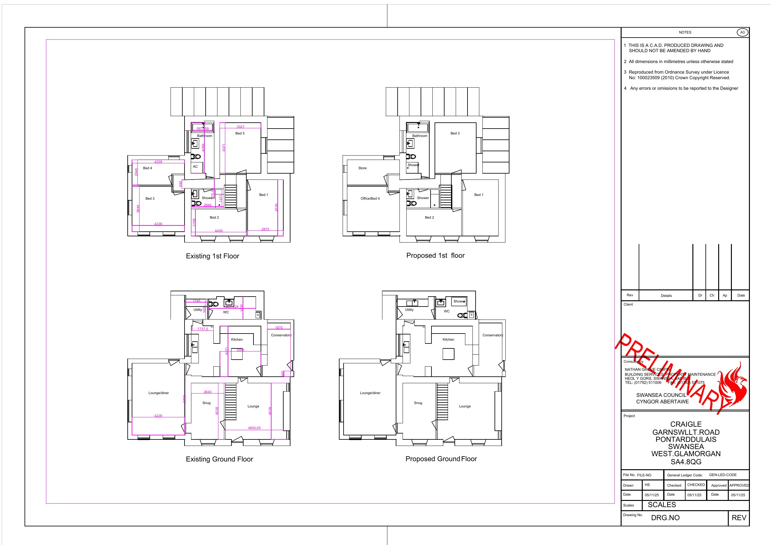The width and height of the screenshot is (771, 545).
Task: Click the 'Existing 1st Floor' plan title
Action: [x=212, y=256]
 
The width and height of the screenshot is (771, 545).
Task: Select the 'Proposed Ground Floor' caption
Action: [x=441, y=459]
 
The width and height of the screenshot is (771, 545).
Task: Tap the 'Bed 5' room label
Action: [x=240, y=133]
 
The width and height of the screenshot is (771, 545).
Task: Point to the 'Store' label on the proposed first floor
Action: [x=362, y=168]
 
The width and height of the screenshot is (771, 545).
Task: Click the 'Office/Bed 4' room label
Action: [x=370, y=198]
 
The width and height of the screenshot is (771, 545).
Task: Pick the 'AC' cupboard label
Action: [x=195, y=166]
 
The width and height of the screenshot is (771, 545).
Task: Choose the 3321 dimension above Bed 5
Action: [x=240, y=127]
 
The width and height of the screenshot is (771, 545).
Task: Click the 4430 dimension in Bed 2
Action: [x=219, y=231]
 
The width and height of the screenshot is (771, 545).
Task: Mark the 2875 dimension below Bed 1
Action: [x=265, y=229]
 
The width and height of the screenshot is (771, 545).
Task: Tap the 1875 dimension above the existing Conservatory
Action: [x=279, y=328]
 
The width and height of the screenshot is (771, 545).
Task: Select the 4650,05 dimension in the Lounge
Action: [x=254, y=428]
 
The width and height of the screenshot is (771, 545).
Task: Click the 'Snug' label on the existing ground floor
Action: [x=207, y=403]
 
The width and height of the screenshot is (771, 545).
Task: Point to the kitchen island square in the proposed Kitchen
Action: [x=448, y=354]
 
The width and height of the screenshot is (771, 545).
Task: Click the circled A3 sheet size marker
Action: [x=742, y=33]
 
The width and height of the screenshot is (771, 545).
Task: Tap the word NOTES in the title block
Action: [x=685, y=33]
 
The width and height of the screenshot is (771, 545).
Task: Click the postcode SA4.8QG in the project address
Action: [x=686, y=462]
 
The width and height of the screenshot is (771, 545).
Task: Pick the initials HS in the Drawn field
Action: [x=647, y=485]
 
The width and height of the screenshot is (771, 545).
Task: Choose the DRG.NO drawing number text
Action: [x=665, y=518]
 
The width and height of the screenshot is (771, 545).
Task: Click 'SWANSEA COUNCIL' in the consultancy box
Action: [x=661, y=395]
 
